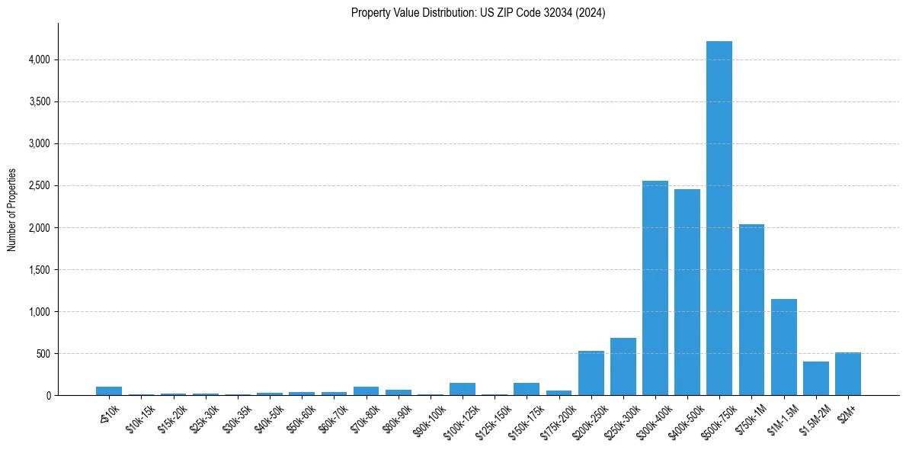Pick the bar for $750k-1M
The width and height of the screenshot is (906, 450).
751,310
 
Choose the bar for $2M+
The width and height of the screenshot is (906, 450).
847,374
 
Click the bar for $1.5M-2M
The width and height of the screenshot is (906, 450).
815,378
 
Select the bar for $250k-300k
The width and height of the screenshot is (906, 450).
623,367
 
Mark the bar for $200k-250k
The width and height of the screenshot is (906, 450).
591,373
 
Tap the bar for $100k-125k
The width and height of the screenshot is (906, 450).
462,389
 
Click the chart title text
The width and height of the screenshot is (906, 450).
478,13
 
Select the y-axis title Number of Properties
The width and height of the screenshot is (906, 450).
12,210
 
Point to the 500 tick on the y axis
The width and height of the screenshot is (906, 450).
43,353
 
